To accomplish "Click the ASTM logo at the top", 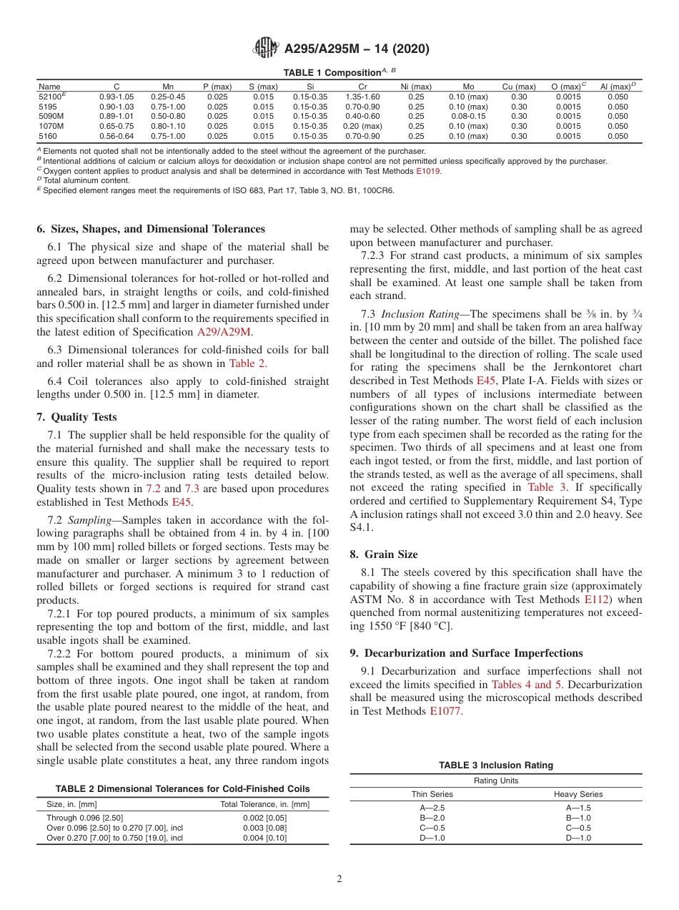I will tap(266, 49).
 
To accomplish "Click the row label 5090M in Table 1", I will tap(51, 116).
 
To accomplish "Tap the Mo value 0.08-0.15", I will tap(468, 116).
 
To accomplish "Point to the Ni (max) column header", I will tap(415, 87).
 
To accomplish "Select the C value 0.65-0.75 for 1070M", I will tap(117, 126).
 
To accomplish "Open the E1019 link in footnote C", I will tap(428, 172).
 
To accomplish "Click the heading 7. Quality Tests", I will tap(76, 417).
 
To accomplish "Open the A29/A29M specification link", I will tap(224, 332).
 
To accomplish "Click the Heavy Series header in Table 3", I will tap(578, 794).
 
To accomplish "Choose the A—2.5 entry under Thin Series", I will tap(432, 808).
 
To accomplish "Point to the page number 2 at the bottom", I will tap(339, 880).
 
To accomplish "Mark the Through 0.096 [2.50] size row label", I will tap(85, 818).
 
